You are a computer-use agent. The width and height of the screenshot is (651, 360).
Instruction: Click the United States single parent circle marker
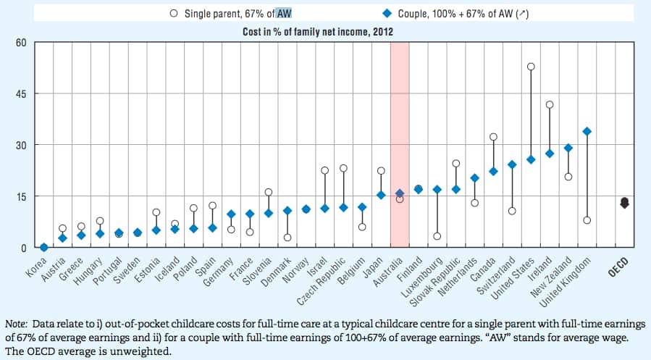(531, 67)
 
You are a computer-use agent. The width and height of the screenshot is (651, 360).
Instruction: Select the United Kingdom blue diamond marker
(587, 131)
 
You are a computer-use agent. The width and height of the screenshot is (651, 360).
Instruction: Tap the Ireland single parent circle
(550, 104)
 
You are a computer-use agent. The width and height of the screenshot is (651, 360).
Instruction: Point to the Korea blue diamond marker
(43, 247)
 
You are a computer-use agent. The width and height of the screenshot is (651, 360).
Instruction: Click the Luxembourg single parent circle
(437, 236)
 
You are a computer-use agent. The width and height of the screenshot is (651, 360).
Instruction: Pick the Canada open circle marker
(493, 136)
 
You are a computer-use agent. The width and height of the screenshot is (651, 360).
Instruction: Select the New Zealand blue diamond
(568, 148)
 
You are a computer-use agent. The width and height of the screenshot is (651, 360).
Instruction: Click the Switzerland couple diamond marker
(512, 164)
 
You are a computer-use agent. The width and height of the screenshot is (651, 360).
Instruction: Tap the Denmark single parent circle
(287, 238)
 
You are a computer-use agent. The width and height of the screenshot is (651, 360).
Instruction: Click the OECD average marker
(624, 203)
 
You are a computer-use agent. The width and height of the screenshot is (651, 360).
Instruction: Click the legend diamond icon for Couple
(387, 13)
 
